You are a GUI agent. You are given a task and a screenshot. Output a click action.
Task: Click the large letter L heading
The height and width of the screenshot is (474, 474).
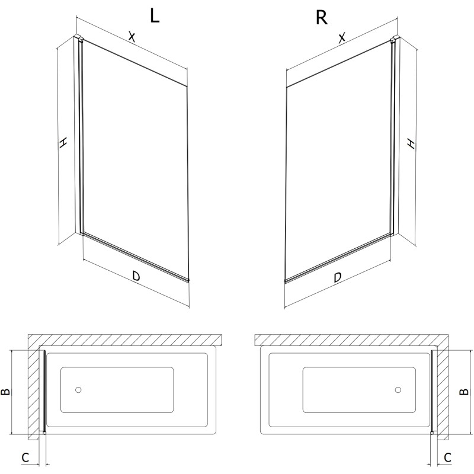pyautogui.click(x=155, y=16)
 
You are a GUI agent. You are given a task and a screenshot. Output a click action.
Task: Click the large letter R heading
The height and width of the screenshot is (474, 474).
pyautogui.click(x=321, y=18)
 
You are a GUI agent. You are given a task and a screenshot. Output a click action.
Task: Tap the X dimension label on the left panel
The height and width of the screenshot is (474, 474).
pyautogui.click(x=132, y=37)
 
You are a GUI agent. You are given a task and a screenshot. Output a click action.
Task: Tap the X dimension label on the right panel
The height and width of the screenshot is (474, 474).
pyautogui.click(x=342, y=38)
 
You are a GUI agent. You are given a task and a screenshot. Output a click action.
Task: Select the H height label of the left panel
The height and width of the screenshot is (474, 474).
pyautogui.click(x=63, y=143)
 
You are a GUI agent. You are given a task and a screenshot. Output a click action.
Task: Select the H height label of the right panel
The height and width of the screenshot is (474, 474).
pyautogui.click(x=411, y=143)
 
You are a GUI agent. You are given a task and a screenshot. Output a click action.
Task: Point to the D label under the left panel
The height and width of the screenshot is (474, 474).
pyautogui.click(x=136, y=276)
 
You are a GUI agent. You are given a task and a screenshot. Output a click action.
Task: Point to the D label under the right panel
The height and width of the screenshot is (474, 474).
pyautogui.click(x=338, y=277)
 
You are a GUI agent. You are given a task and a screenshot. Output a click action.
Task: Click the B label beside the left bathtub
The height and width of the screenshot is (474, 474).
pyautogui.click(x=6, y=392)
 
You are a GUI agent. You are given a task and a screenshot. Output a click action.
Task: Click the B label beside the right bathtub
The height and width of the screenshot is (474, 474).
pyautogui.click(x=464, y=392)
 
